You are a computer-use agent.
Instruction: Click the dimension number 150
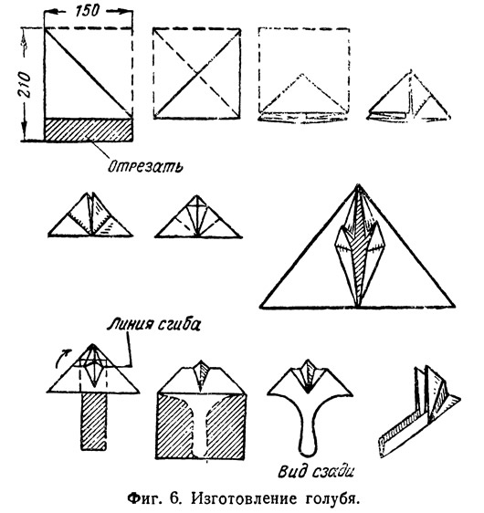click(x=87, y=10)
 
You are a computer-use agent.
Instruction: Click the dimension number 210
click(x=25, y=85)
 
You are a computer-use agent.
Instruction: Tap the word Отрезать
click(x=145, y=166)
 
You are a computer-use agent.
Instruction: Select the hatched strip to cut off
click(x=89, y=130)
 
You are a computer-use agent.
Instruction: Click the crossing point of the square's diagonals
click(x=197, y=74)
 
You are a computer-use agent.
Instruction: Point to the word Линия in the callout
click(x=131, y=324)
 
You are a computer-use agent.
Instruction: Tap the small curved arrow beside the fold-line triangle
click(x=63, y=357)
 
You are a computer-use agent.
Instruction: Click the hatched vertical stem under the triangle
click(x=93, y=422)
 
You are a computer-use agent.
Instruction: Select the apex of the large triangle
click(x=358, y=185)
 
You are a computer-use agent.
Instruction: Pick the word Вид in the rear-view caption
click(x=290, y=471)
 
